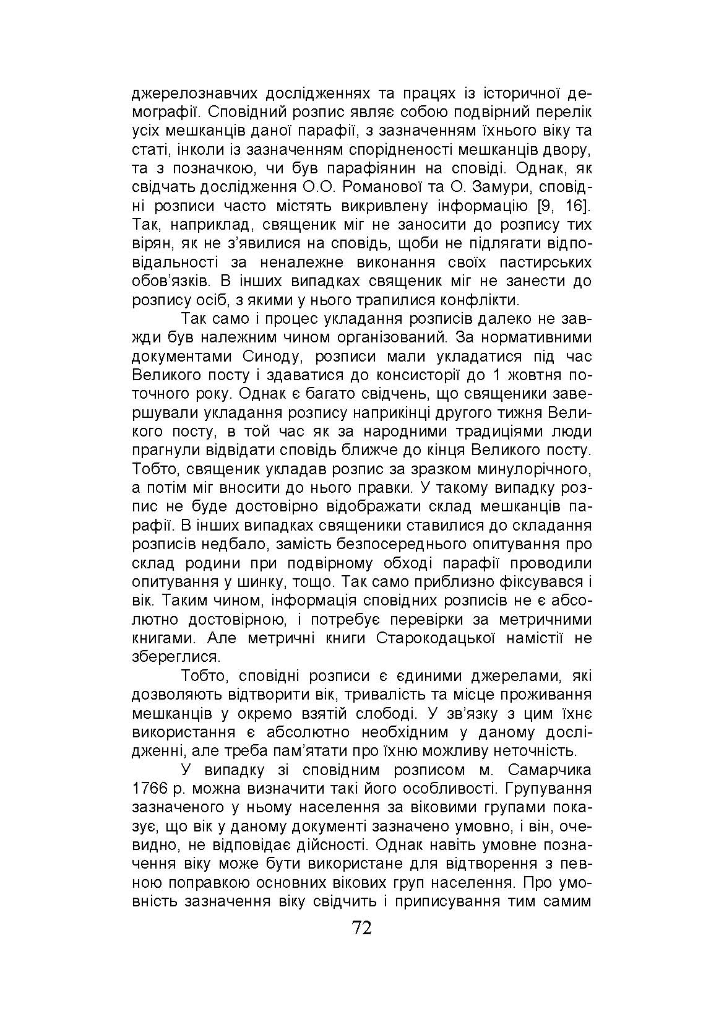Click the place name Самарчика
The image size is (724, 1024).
click(x=548, y=770)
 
